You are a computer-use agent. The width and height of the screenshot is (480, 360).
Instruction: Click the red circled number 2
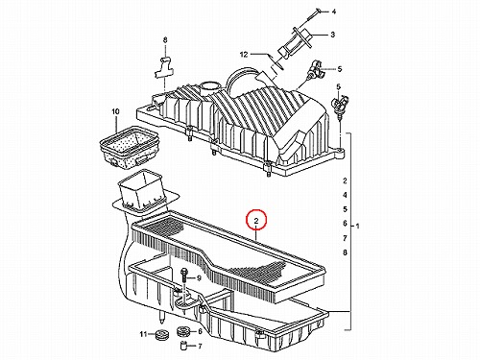(256, 220)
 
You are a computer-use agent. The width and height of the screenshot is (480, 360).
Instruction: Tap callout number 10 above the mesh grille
(115, 111)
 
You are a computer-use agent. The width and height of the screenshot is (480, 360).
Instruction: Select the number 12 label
(244, 55)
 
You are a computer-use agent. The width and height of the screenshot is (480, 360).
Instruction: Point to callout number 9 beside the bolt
(199, 278)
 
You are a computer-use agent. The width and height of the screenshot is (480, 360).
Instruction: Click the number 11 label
(143, 334)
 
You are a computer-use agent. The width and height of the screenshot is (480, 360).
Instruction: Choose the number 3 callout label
(332, 35)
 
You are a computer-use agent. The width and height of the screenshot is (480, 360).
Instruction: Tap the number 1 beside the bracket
(358, 226)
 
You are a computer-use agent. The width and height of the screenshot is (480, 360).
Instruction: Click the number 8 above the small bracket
(165, 40)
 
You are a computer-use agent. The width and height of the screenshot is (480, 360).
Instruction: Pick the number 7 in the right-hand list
(345, 238)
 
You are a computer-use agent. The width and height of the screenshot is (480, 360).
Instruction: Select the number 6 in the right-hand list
(345, 224)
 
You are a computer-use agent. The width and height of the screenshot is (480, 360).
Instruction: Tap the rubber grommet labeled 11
(161, 334)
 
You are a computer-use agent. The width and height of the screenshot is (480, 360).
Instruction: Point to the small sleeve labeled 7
(183, 346)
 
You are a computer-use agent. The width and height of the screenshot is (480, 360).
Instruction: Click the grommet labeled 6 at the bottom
(183, 331)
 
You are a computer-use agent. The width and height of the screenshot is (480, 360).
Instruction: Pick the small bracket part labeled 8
(163, 68)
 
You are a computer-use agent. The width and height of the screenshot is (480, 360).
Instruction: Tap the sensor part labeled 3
(295, 44)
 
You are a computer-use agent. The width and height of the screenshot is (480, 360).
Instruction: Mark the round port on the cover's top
(207, 86)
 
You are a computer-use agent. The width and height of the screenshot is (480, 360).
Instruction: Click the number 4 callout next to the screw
(334, 12)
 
